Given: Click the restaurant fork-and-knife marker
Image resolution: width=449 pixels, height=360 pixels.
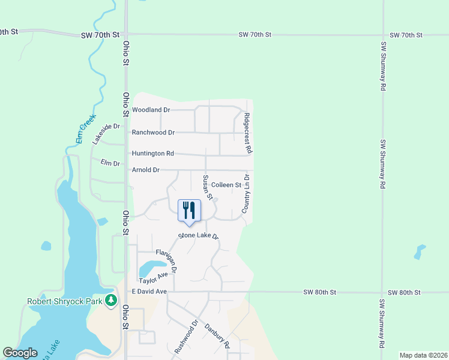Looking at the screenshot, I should pos(189,210).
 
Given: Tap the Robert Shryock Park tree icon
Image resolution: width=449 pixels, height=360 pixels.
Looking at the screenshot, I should pos(110,300).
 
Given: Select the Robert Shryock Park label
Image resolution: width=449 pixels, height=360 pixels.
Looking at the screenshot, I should pos(64,301).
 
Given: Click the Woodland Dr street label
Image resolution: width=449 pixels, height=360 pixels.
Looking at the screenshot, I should pos(151,110).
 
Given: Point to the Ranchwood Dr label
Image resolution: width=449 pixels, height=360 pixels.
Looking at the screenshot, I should pos(153,132).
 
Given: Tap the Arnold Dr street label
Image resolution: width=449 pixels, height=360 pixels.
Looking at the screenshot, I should pos(146,170).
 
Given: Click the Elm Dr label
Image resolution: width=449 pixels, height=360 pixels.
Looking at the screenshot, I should pos(110,163).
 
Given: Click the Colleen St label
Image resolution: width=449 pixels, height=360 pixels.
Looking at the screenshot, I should pos(226,185).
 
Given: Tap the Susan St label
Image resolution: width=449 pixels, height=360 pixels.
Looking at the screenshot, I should pos(207,187).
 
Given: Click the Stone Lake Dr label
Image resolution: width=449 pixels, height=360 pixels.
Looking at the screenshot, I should pos(199,236).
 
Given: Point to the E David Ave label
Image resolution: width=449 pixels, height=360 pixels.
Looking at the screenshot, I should pos(149,292).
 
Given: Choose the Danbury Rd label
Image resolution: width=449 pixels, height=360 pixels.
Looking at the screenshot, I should pos(217,336).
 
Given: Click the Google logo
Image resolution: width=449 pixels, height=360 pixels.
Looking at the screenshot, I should pos(20,353).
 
